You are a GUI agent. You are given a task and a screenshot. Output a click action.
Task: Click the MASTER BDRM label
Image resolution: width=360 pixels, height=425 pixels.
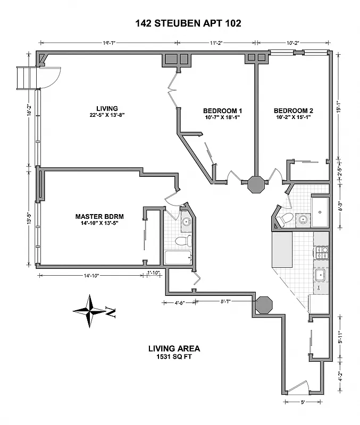(99, 216)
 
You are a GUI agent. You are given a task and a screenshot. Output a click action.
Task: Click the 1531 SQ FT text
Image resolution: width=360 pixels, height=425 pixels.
(174, 357)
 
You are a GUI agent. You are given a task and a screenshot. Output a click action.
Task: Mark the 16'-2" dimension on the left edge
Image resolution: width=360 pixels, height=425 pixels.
(30, 112)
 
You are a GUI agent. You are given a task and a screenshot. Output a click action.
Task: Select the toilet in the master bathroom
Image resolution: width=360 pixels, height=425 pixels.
(183, 241)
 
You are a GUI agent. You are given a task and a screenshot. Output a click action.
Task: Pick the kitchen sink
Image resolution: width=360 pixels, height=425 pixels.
(321, 275)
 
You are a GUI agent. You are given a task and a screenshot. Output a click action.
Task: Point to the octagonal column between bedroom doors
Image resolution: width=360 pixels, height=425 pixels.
(256, 187)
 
